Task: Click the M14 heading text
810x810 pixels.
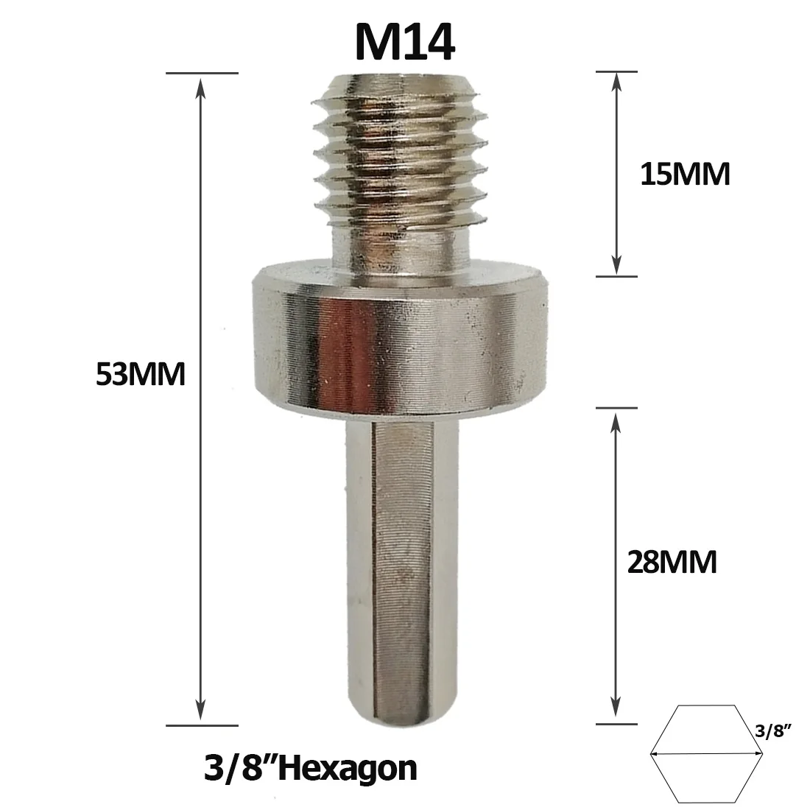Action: coord(404,42)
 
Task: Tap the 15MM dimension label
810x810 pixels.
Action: coord(685,175)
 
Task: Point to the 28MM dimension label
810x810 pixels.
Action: coord(672,563)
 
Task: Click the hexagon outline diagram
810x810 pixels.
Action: coord(705,753)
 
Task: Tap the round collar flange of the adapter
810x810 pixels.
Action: coord(401,339)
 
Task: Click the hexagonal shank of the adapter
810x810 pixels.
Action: coord(401,560)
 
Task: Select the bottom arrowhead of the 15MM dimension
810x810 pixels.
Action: coord(616,267)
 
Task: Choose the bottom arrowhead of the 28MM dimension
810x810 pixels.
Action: coord(616,714)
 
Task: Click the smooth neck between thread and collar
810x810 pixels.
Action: coord(401,247)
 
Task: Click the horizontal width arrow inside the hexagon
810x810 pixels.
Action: coord(705,753)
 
